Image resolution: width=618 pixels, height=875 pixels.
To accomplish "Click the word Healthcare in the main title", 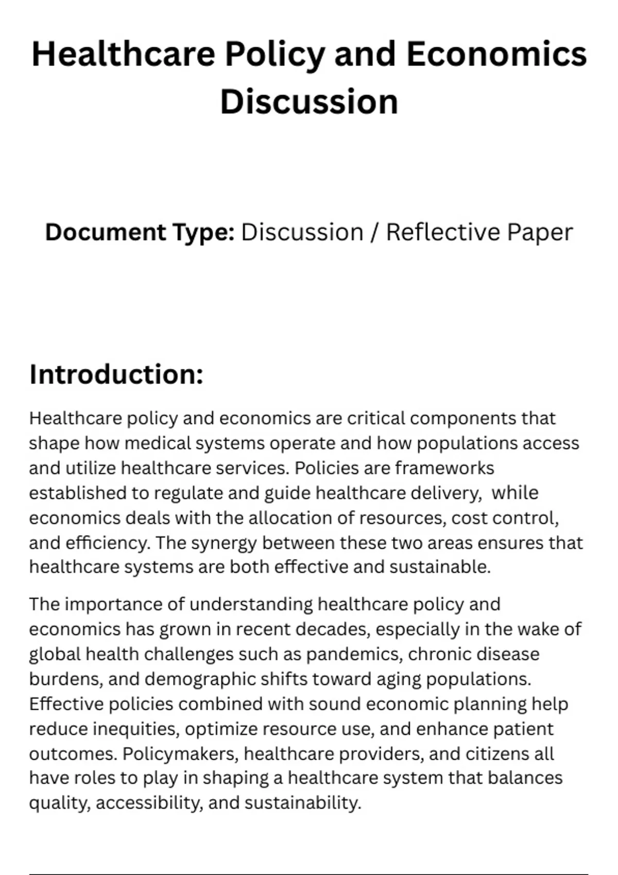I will point(123,55).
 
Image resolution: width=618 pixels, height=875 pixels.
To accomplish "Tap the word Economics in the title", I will point(496,55).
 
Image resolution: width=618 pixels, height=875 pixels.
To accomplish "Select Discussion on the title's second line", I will point(309,102).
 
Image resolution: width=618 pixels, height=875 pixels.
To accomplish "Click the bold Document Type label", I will point(140,232).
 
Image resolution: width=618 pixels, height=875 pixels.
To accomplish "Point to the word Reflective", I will point(443,232).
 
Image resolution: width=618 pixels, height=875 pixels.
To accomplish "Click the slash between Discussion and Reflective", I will point(374,232).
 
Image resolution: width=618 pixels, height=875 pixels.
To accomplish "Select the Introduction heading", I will point(116,374).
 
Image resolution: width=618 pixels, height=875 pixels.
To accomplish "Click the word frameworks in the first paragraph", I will point(444,468).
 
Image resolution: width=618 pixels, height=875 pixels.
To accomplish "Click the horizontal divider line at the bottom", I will point(309,873).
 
